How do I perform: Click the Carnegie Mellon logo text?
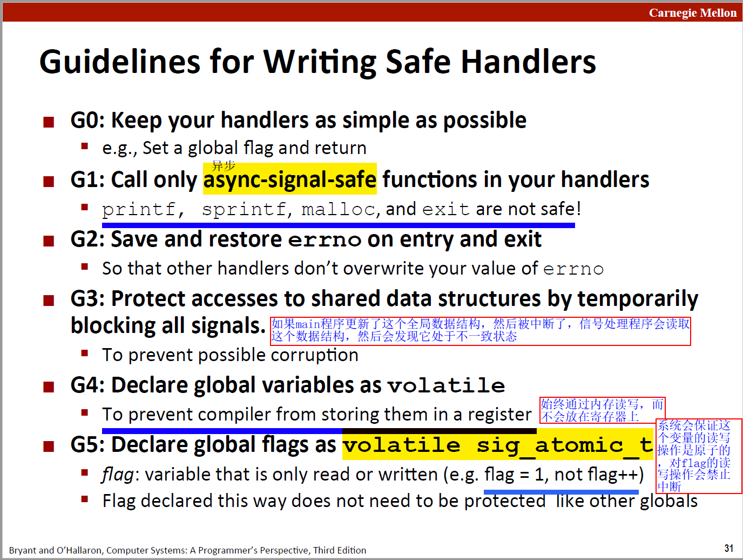click(693, 12)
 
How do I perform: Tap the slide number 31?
click(729, 548)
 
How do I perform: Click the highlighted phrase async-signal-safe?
click(290, 179)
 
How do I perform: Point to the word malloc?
click(339, 209)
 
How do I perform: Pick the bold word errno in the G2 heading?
click(325, 240)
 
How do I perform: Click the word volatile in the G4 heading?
click(446, 385)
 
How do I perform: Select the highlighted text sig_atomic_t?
click(565, 445)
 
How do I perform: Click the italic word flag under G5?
click(118, 474)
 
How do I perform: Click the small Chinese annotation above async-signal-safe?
click(223, 166)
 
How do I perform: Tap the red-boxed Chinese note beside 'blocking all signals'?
click(481, 331)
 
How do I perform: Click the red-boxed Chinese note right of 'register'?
click(603, 410)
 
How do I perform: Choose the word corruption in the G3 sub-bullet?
click(314, 355)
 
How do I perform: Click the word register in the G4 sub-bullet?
click(499, 415)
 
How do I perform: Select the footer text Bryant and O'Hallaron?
click(56, 550)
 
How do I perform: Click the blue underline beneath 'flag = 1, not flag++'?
click(561, 491)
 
